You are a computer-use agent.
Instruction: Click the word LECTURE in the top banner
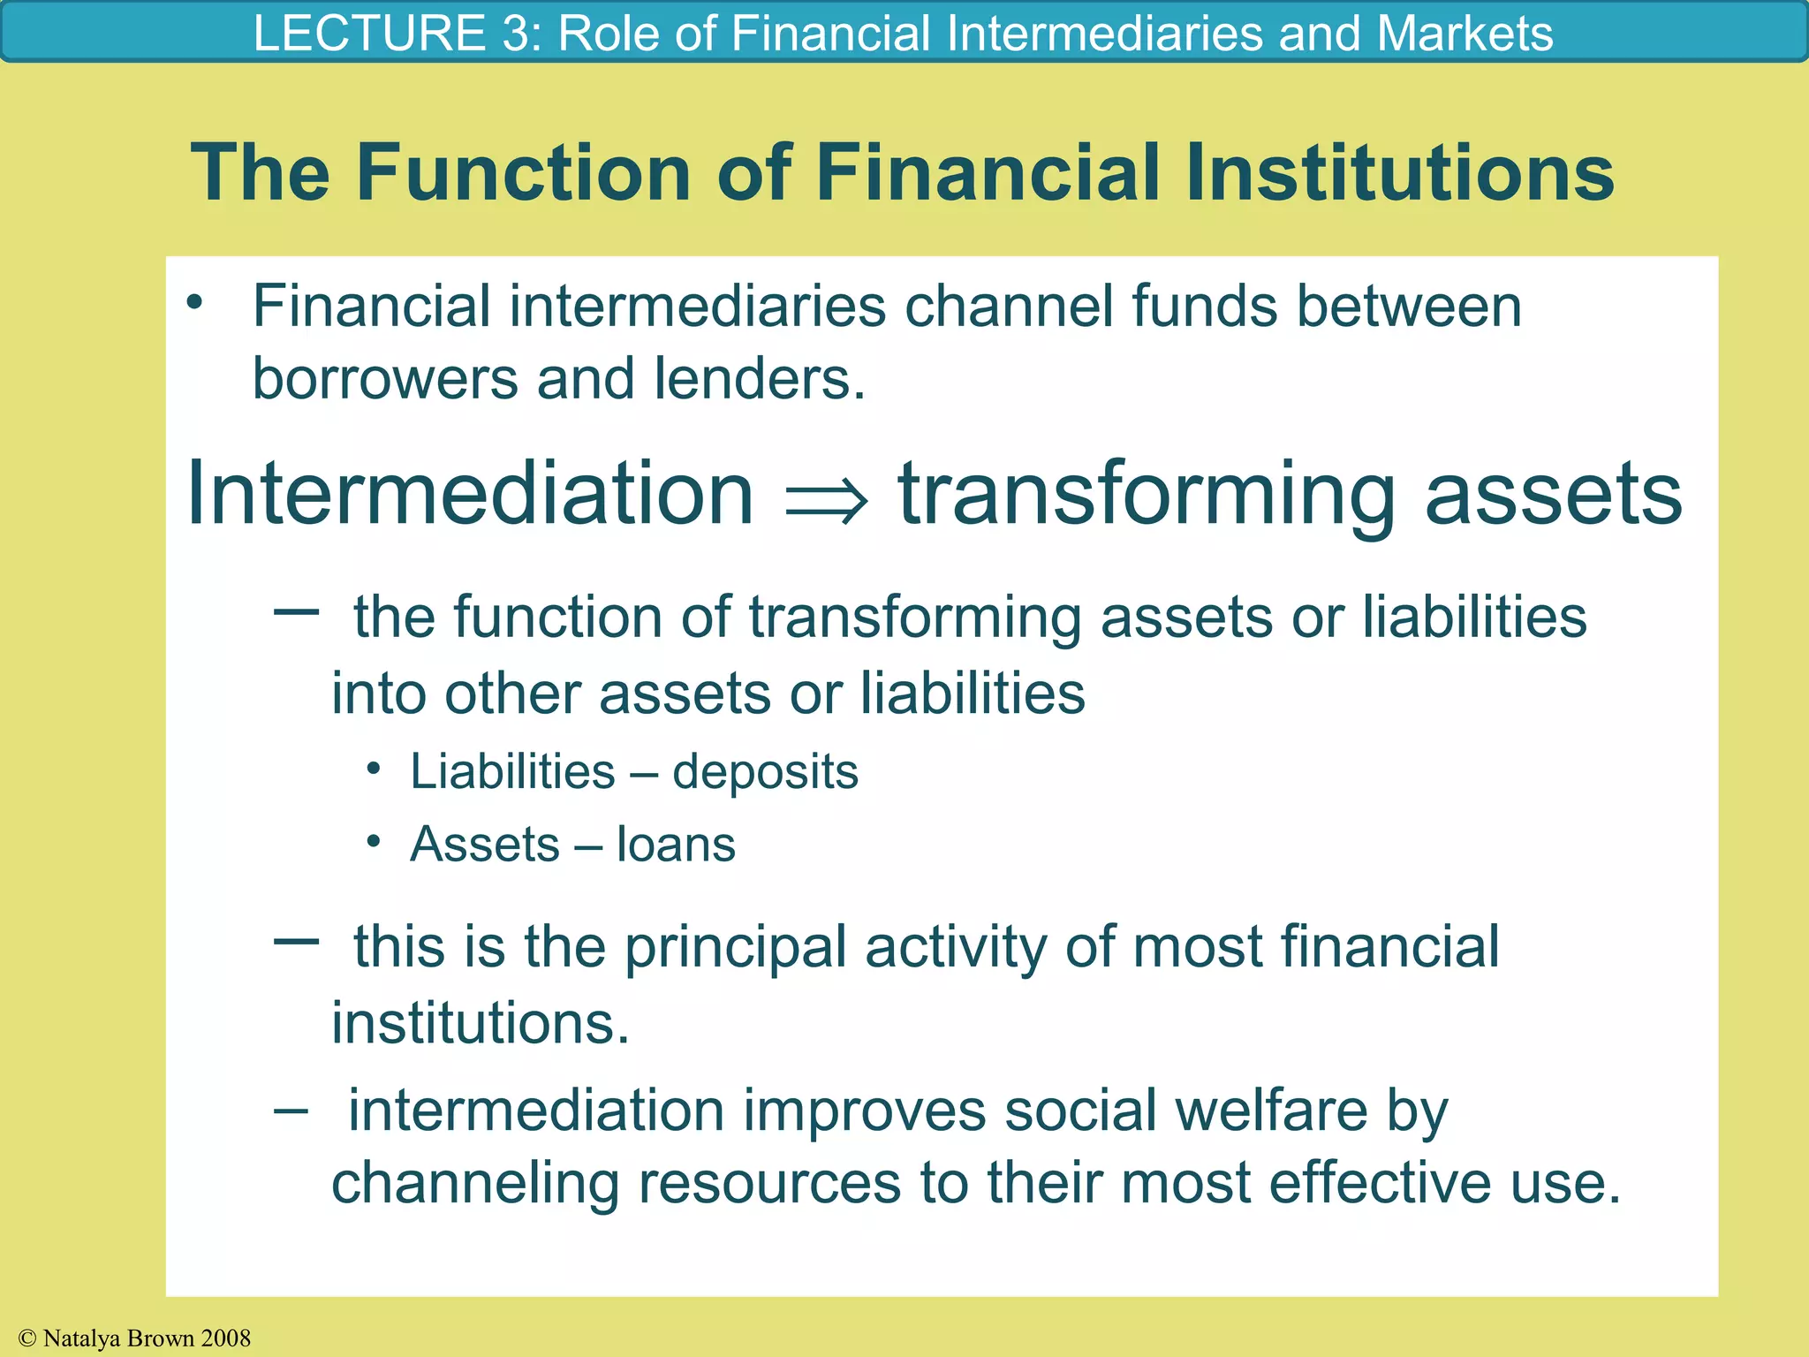click(368, 34)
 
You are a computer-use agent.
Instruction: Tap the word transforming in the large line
click(1147, 495)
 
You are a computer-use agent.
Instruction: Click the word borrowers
click(385, 379)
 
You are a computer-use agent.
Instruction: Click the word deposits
click(765, 772)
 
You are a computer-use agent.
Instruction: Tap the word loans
click(676, 845)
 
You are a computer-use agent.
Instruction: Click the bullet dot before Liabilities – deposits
click(375, 769)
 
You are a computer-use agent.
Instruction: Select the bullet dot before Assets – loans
click(375, 841)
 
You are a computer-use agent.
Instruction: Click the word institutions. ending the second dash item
click(480, 1023)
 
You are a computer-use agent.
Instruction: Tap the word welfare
click(1271, 1111)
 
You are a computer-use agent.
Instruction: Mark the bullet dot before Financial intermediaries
click(194, 303)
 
